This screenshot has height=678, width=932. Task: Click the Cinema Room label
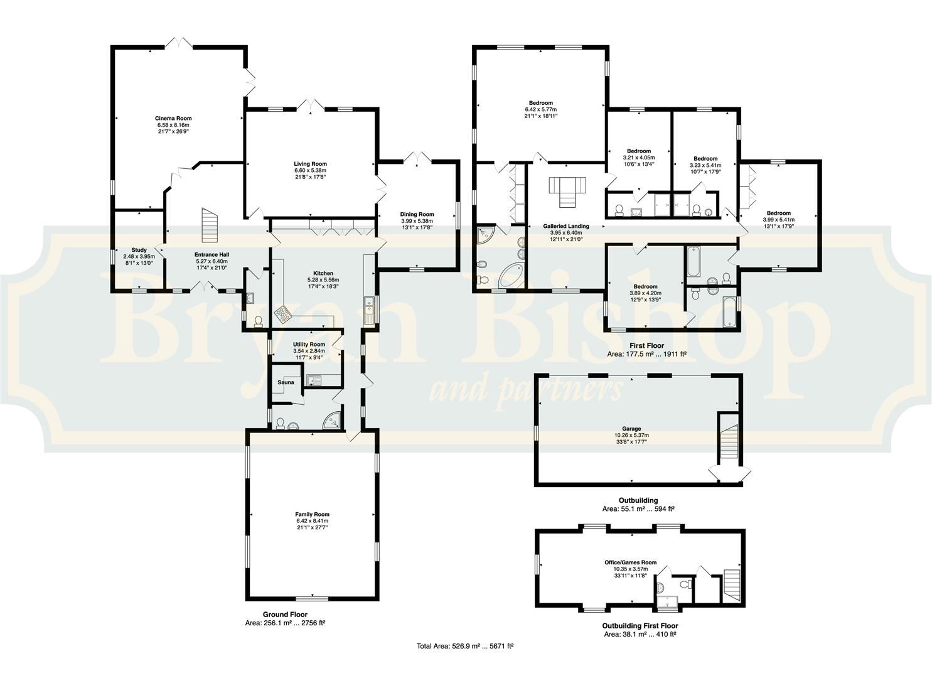(x=173, y=118)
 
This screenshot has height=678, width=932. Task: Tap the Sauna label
(x=286, y=382)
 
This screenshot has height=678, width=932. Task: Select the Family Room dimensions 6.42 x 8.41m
(x=312, y=520)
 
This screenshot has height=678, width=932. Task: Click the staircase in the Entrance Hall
(x=210, y=225)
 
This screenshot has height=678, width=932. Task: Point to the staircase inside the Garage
(x=729, y=441)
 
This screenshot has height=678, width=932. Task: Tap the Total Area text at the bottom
(x=465, y=647)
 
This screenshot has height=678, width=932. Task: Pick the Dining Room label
(x=417, y=214)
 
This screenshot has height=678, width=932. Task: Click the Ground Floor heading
(x=285, y=615)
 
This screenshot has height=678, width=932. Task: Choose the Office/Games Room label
(x=630, y=562)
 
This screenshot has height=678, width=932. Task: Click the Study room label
(x=139, y=250)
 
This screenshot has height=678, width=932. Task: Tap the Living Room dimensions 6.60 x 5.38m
(x=311, y=170)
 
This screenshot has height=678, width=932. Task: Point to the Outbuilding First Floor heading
(x=640, y=625)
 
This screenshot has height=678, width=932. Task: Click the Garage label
(x=631, y=429)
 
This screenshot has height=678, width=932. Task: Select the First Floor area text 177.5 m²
(x=646, y=354)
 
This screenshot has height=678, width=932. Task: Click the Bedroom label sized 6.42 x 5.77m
(x=541, y=103)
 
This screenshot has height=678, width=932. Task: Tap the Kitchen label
(x=323, y=273)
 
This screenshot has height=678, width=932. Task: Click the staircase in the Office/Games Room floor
(x=731, y=586)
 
